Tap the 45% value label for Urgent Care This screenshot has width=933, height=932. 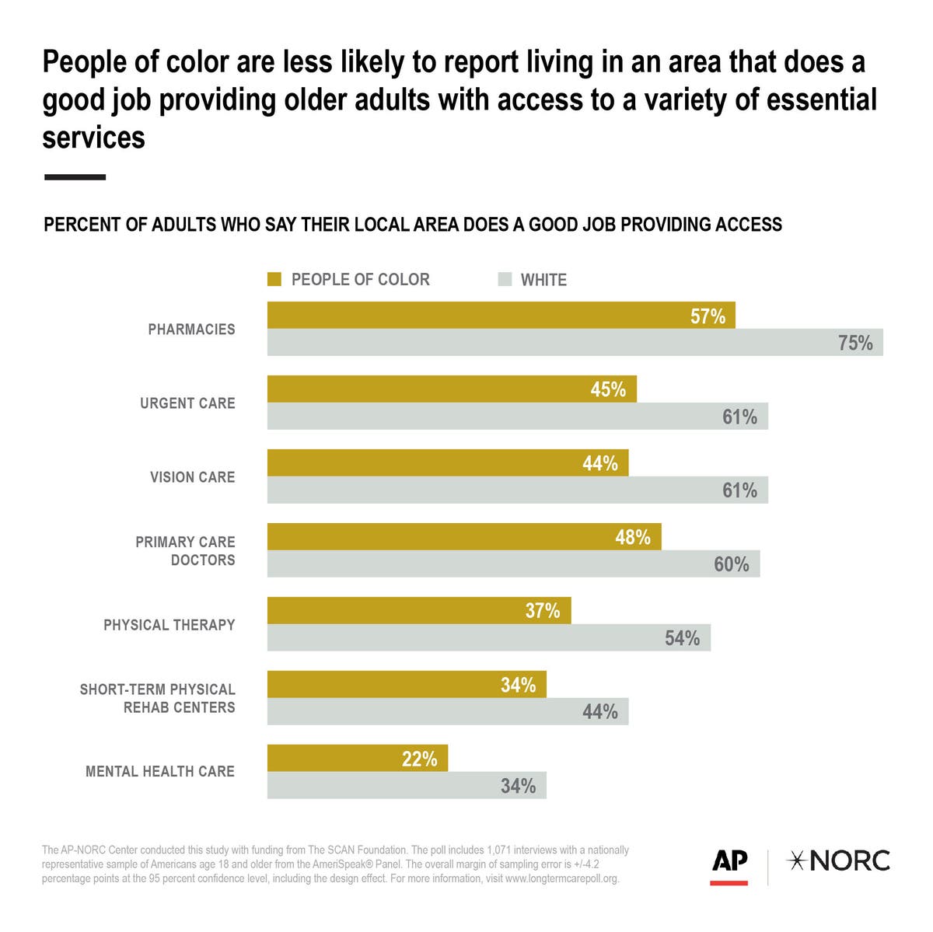(x=607, y=389)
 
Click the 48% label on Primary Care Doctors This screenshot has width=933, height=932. (x=632, y=537)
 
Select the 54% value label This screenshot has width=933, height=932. (x=682, y=638)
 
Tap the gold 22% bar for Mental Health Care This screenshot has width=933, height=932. (x=357, y=759)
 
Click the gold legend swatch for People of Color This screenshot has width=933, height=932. (x=274, y=279)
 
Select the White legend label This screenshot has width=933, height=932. (x=543, y=280)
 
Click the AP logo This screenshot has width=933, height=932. (x=729, y=864)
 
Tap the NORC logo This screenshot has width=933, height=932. (x=839, y=861)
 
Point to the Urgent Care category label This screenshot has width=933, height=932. (x=187, y=403)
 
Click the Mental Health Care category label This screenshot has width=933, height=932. (x=159, y=772)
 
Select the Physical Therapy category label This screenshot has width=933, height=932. (x=169, y=625)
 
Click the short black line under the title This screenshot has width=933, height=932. (x=75, y=177)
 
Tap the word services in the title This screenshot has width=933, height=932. (x=93, y=138)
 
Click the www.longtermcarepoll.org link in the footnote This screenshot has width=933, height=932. (x=561, y=879)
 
